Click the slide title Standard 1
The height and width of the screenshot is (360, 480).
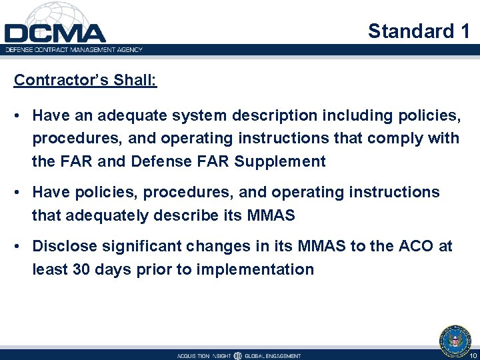419,31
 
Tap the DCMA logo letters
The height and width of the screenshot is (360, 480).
55,33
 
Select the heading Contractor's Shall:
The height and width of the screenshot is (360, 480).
85,80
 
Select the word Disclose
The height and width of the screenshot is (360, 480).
63,246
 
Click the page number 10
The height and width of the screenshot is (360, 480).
473,355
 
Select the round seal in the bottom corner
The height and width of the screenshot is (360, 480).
455,339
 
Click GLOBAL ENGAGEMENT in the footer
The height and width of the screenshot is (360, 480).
273,355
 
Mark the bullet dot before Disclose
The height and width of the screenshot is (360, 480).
19,247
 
